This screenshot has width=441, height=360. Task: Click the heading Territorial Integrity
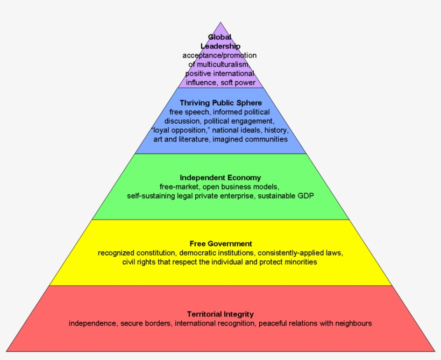click(220, 314)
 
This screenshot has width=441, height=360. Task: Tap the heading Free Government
click(220, 243)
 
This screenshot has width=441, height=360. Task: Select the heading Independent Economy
click(220, 177)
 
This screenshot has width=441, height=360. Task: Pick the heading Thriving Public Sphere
click(220, 102)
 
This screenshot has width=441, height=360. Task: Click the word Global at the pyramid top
click(219, 37)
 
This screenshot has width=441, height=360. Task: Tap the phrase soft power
click(238, 83)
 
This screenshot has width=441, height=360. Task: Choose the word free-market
click(177, 187)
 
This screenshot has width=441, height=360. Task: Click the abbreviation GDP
click(305, 196)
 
